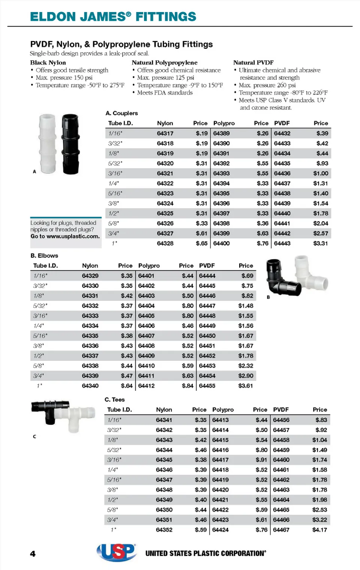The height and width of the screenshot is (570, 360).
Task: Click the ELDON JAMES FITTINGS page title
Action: pyautogui.click(x=113, y=16)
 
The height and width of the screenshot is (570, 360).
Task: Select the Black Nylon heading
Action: pyautogui.click(x=48, y=63)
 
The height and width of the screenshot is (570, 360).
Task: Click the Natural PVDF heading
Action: pyautogui.click(x=253, y=63)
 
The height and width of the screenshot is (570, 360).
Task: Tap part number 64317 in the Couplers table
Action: pyautogui.click(x=165, y=133)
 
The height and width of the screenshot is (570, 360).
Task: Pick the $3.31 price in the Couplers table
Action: pyautogui.click(x=321, y=243)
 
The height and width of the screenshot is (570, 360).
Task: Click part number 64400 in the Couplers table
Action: pyautogui.click(x=221, y=243)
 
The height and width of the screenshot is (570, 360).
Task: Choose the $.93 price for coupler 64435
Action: pyautogui.click(x=322, y=163)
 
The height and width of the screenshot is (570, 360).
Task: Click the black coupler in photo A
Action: pyautogui.click(x=70, y=144)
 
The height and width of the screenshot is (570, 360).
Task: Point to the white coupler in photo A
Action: pyautogui.click(x=48, y=144)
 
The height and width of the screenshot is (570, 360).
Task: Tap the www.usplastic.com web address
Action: pyautogui.click(x=73, y=237)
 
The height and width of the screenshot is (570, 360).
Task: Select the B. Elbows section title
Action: pyautogui.click(x=44, y=256)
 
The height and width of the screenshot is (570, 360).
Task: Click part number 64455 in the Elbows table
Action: pyautogui.click(x=207, y=386)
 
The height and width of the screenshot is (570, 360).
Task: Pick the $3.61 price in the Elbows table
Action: pyautogui.click(x=246, y=386)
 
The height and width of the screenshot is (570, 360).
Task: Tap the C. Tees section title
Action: pyautogui.click(x=115, y=400)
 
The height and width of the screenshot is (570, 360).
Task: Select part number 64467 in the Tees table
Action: pyautogui.click(x=281, y=530)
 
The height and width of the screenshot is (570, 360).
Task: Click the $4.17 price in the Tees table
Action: pyautogui.click(x=319, y=530)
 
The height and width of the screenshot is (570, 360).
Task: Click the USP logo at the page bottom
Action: pyautogui.click(x=117, y=552)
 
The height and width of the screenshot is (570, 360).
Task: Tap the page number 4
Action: pyautogui.click(x=33, y=554)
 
